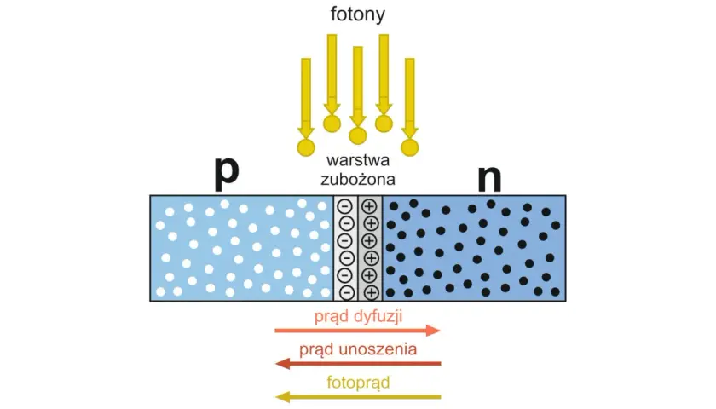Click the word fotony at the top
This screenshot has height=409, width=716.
click(358, 14)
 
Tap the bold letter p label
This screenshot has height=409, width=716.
click(227, 174)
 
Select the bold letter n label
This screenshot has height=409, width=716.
click(489, 178)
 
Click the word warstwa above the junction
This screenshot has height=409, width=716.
click(358, 160)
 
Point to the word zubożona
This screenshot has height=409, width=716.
click(358, 180)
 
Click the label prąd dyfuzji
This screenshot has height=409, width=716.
click(359, 316)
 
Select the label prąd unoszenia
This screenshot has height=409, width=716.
click(358, 349)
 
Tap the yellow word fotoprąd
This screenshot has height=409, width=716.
click(359, 383)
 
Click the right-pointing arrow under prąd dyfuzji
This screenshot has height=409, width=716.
click(357, 331)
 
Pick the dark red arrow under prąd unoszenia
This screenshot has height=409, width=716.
click(358, 364)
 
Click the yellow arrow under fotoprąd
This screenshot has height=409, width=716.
click(358, 397)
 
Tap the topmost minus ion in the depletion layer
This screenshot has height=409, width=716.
click(344, 206)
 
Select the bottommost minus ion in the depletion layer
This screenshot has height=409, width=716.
click(347, 292)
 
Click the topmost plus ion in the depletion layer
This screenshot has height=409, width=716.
click(369, 206)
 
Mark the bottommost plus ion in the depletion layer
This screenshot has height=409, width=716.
click(372, 292)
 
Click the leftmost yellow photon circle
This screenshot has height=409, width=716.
click(306, 147)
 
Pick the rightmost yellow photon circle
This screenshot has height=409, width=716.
click(410, 147)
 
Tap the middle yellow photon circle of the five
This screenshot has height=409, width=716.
click(358, 135)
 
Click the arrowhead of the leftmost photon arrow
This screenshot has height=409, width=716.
click(306, 132)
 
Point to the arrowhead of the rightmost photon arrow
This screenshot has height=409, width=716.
click(410, 132)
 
